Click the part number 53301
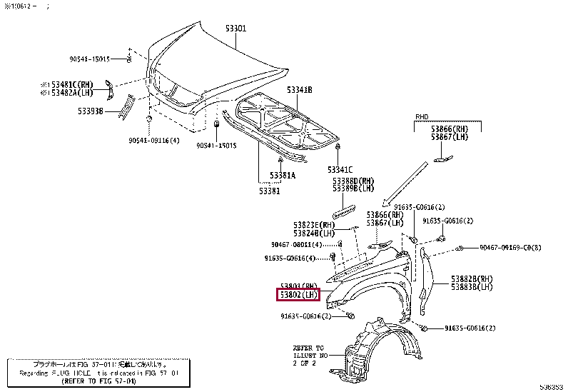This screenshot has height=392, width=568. pyautogui.click(x=235, y=29)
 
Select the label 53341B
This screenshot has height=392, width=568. pyautogui.click(x=300, y=89)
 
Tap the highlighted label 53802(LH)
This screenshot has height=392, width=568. pyautogui.click(x=298, y=294)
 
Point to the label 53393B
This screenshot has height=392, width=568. pyautogui.click(x=91, y=111)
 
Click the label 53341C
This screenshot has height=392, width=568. pyautogui.click(x=340, y=169)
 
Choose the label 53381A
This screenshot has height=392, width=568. pyautogui.click(x=283, y=175)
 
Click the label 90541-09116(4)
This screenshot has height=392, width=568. pyautogui.click(x=153, y=141)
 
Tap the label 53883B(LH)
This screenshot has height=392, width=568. pyautogui.click(x=472, y=287)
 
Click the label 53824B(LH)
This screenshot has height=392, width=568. pyautogui.click(x=313, y=233)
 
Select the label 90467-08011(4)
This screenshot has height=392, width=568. pyautogui.click(x=297, y=245)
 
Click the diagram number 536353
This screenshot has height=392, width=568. pyautogui.click(x=552, y=386)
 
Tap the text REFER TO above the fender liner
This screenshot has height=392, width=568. pyautogui.click(x=308, y=346)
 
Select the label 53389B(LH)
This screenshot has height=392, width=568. pyautogui.click(x=353, y=189)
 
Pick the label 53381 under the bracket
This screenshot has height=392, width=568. pyautogui.click(x=270, y=191)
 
